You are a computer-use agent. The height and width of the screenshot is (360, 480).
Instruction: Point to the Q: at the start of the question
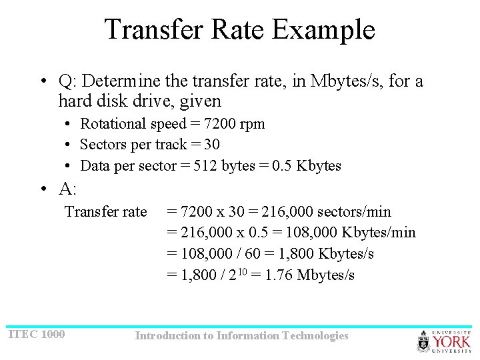click(67, 82)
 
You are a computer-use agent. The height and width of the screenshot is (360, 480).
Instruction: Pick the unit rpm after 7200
click(253, 124)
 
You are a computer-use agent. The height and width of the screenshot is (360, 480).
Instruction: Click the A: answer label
click(67, 189)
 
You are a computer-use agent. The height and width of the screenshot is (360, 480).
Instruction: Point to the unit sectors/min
click(359, 212)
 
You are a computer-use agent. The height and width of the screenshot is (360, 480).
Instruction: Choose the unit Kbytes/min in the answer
click(378, 233)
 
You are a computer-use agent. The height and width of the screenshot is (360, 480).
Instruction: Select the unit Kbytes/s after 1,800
click(346, 254)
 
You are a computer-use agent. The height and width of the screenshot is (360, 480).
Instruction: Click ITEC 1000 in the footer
click(37, 334)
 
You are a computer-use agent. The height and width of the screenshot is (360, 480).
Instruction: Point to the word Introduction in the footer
click(167, 336)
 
